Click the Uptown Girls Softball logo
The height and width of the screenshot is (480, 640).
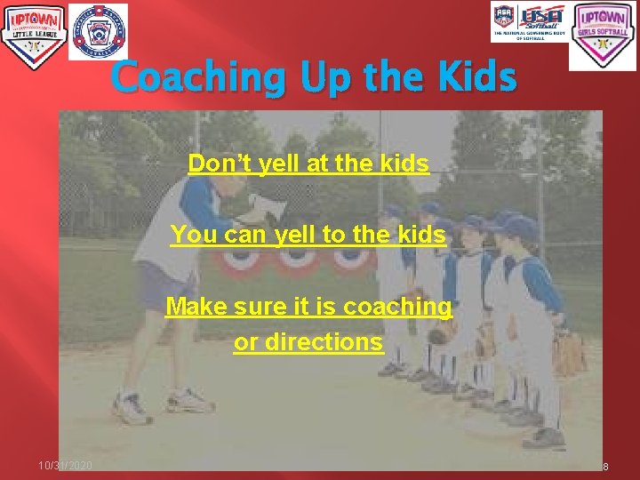[603, 36]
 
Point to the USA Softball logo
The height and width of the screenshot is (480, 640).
[530, 22]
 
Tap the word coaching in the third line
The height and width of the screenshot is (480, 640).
[397, 308]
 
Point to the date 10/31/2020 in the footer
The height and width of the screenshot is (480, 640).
[65, 467]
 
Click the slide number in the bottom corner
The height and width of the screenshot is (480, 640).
[604, 467]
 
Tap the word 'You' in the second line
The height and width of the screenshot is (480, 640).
[189, 236]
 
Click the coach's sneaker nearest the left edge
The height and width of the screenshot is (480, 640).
[132, 409]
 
